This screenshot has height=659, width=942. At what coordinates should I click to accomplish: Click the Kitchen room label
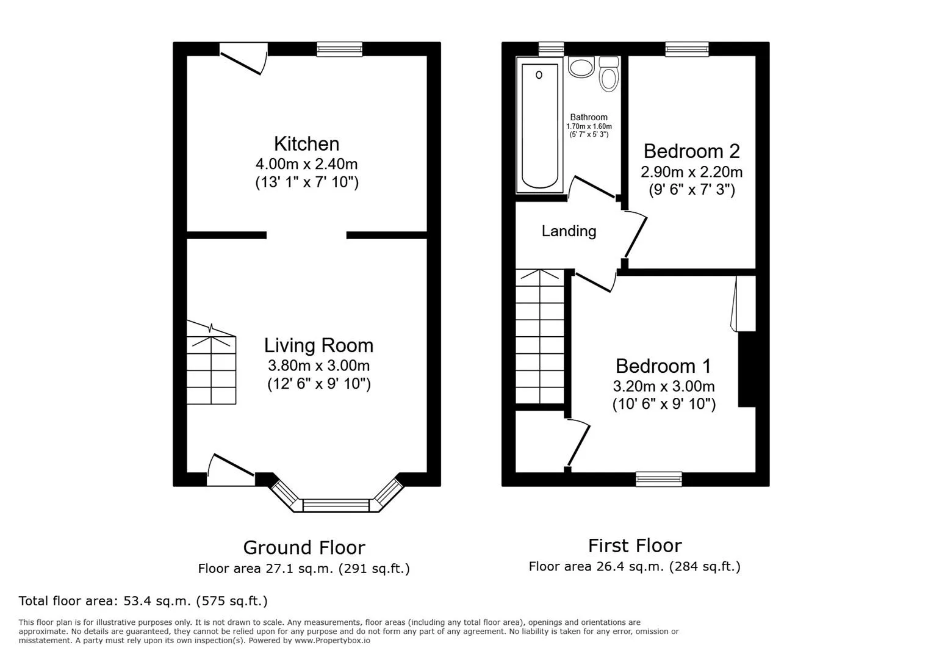306,144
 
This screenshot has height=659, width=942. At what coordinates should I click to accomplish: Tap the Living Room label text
318,345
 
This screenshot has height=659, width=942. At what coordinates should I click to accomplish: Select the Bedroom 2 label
691,151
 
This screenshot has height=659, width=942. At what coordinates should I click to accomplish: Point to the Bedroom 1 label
663,366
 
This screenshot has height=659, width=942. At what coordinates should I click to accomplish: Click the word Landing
569,231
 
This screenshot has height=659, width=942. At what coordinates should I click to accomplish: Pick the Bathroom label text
589,117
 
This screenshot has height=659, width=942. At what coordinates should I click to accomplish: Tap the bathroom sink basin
581,67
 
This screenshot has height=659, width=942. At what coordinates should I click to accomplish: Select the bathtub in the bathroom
539,125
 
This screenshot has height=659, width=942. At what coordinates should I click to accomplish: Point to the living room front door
231,471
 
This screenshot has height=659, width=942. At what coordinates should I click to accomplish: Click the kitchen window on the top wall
339,49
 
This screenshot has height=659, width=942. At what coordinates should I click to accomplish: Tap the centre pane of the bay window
336,505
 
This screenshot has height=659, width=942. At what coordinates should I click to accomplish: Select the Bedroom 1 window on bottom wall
658,479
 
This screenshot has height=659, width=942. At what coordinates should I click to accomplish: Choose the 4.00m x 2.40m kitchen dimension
306,164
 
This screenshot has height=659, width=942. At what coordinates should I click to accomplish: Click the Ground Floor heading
304,547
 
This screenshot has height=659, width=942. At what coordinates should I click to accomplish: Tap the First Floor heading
635,545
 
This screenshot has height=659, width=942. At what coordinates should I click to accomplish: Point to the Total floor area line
143,601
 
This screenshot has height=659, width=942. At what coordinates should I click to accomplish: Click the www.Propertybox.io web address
332,641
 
